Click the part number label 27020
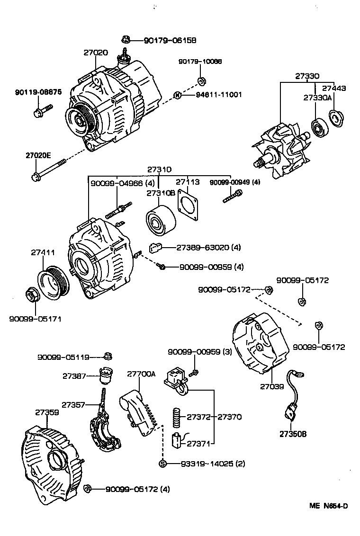pos(96,53)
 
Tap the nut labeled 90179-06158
pos(126,40)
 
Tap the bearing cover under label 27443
pos(335,118)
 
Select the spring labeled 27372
pos(176,417)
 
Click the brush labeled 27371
pos(176,440)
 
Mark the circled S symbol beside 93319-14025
pos(162,464)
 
